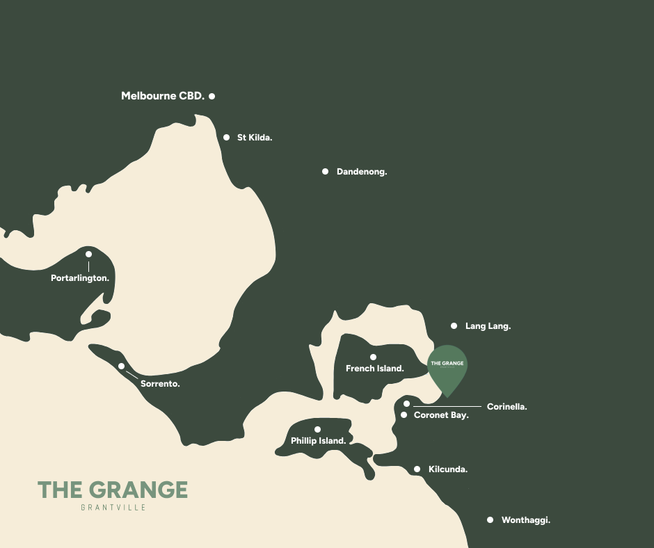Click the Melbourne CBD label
pyautogui.click(x=163, y=96)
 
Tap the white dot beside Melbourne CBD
pyautogui.click(x=212, y=96)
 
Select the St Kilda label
pyautogui.click(x=255, y=138)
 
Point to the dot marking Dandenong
pyautogui.click(x=325, y=171)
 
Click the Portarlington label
pyautogui.click(x=80, y=278)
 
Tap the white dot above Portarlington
pyautogui.click(x=88, y=254)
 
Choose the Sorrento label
pyautogui.click(x=160, y=383)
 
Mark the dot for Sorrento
pyautogui.click(x=121, y=366)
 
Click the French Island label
pyautogui.click(x=375, y=369)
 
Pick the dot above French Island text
pyautogui.click(x=373, y=357)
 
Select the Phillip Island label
pyautogui.click(x=319, y=441)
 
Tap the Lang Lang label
pyautogui.click(x=488, y=325)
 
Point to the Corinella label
pyautogui.click(x=507, y=407)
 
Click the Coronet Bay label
pyautogui.click(x=441, y=415)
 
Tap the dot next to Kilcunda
pyautogui.click(x=417, y=469)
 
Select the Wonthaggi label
pyautogui.click(x=526, y=519)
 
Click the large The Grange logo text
pyautogui.click(x=113, y=490)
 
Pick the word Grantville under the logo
pyautogui.click(x=113, y=508)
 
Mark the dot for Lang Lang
pyautogui.click(x=454, y=325)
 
